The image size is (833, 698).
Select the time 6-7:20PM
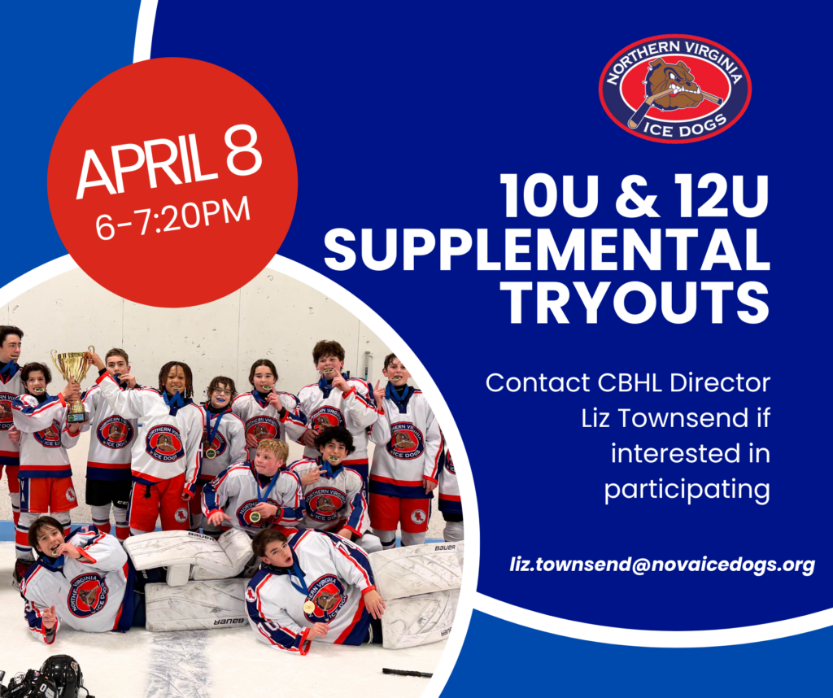(x=173, y=218)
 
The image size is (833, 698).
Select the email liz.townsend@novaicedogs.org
(x=662, y=564)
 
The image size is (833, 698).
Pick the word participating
(x=687, y=490)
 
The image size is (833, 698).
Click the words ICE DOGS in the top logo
(x=683, y=126)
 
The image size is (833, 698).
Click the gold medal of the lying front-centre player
(x=308, y=606)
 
